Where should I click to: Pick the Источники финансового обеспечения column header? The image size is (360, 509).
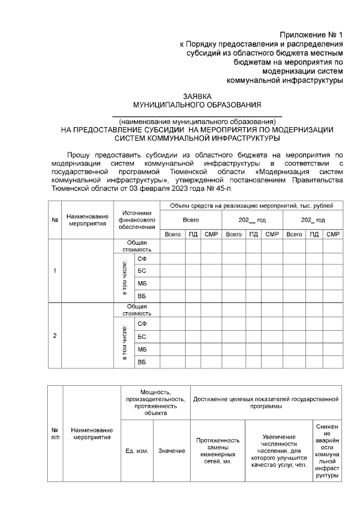pyautogui.click(x=136, y=220)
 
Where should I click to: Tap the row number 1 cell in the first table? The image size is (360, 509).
pyautogui.click(x=55, y=271)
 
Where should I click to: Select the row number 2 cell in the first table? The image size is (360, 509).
pyautogui.click(x=55, y=336)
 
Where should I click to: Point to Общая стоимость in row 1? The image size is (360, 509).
pyautogui.click(x=137, y=245)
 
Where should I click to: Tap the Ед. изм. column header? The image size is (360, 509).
pyautogui.click(x=137, y=451)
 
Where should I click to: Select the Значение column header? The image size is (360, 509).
pyautogui.click(x=172, y=451)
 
